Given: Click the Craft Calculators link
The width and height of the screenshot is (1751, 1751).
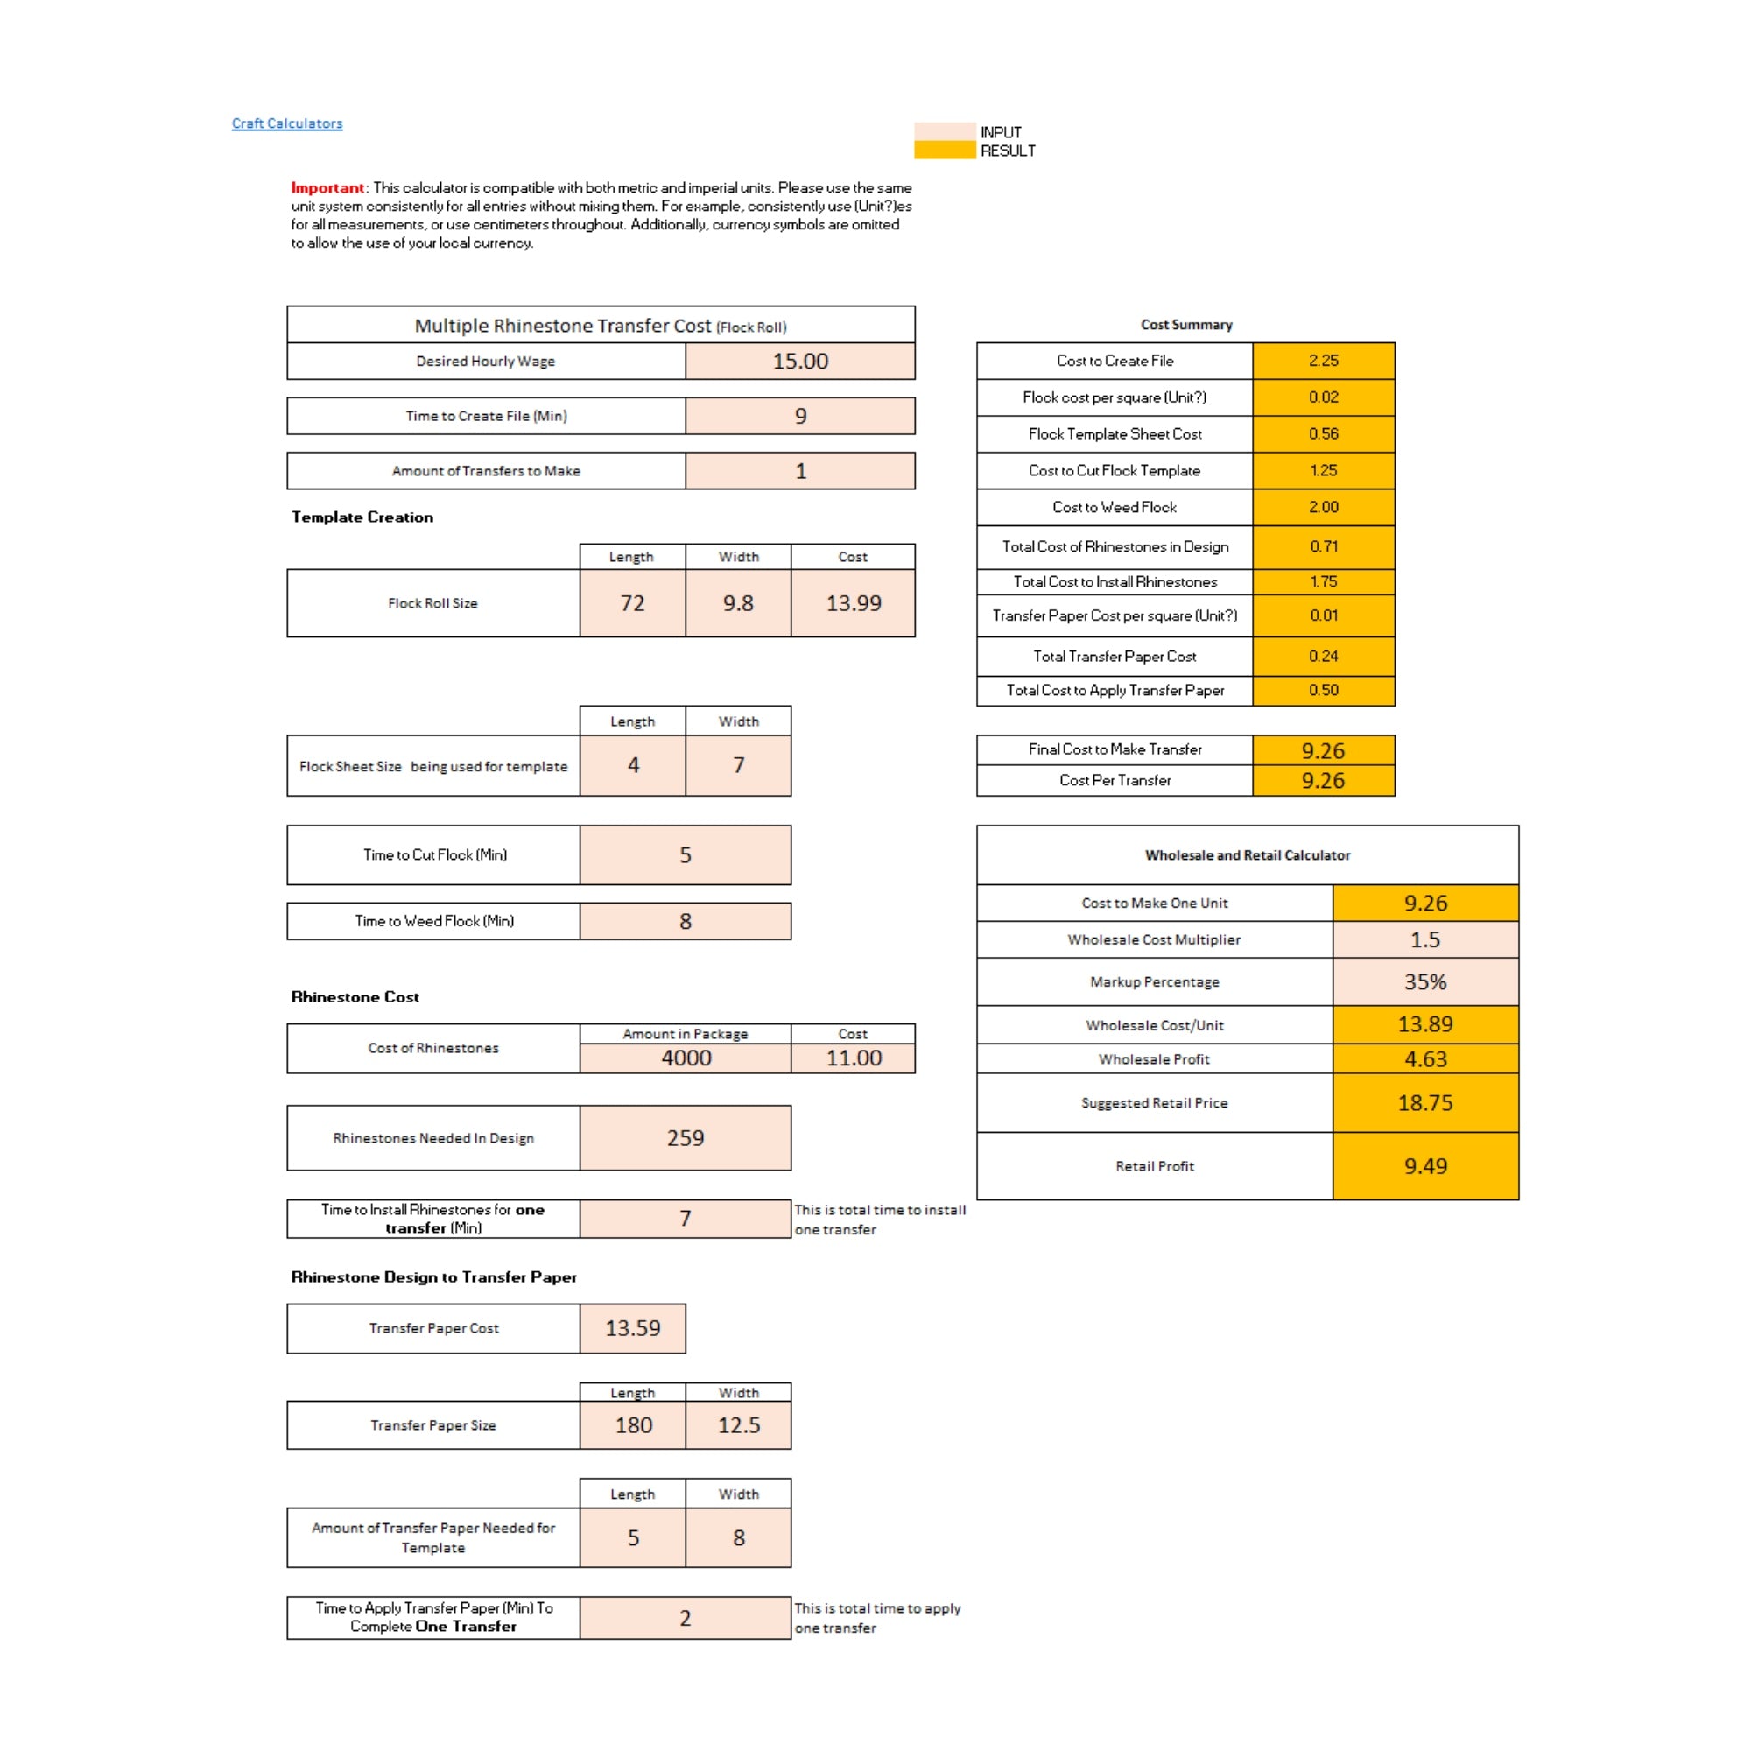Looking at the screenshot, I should [286, 123].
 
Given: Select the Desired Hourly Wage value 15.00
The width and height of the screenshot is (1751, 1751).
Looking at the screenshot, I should [799, 361].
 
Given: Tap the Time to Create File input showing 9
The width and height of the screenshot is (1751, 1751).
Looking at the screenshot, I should [799, 416].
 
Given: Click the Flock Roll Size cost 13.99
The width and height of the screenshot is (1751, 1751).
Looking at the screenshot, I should [852, 602].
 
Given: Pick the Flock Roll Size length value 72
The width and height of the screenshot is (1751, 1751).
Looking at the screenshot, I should [632, 602].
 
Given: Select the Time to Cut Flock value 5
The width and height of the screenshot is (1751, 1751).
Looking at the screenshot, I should [685, 854].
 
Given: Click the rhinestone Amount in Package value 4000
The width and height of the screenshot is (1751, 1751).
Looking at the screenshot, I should [686, 1058].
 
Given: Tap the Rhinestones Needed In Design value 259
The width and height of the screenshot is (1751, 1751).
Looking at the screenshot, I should [685, 1137].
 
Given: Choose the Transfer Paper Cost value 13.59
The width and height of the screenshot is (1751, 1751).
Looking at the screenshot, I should [632, 1328].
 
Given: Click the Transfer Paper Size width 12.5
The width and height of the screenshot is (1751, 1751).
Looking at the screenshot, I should [738, 1424].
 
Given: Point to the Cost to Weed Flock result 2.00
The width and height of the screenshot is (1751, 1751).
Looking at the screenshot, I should [1322, 507].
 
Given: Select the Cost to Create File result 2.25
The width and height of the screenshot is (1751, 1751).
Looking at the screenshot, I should [1322, 361].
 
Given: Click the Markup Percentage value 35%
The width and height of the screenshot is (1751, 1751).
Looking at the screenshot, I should [1424, 981].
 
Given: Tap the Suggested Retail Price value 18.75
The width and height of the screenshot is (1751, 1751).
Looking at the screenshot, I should [1424, 1102].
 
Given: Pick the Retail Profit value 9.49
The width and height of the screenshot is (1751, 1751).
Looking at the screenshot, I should [1424, 1165].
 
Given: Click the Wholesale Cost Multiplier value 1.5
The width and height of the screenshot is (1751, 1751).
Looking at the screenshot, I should [1424, 939].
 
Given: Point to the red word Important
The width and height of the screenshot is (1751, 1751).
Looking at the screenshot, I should [327, 187].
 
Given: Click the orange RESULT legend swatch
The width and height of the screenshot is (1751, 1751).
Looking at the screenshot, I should [945, 151].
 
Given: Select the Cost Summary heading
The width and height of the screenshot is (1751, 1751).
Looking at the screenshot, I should [1185, 325].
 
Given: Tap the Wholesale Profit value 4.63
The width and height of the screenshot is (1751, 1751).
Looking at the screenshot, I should [1424, 1058].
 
